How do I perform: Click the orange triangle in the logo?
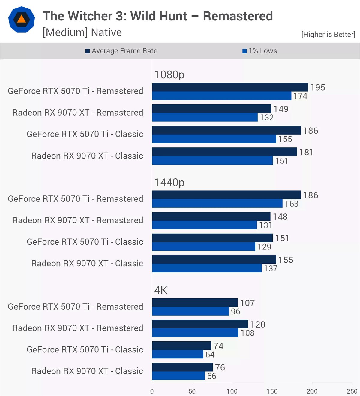click(22, 20)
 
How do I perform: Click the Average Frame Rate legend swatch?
click(87, 51)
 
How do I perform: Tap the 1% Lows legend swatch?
click(244, 51)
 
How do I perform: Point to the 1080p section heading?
click(169, 75)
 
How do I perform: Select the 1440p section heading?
click(169, 183)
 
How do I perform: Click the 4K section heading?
click(161, 290)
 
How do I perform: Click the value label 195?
click(318, 87)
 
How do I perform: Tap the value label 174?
click(300, 96)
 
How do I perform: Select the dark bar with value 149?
click(212, 109)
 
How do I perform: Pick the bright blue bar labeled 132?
click(205, 117)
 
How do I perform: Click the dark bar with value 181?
click(224, 152)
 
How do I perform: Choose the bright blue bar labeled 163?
click(217, 203)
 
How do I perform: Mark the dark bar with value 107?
click(195, 302)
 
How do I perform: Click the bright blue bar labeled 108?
click(195, 333)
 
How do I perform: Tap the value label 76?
click(220, 367)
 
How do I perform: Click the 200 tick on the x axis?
click(312, 391)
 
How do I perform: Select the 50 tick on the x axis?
click(192, 391)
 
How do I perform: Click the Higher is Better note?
click(328, 34)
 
